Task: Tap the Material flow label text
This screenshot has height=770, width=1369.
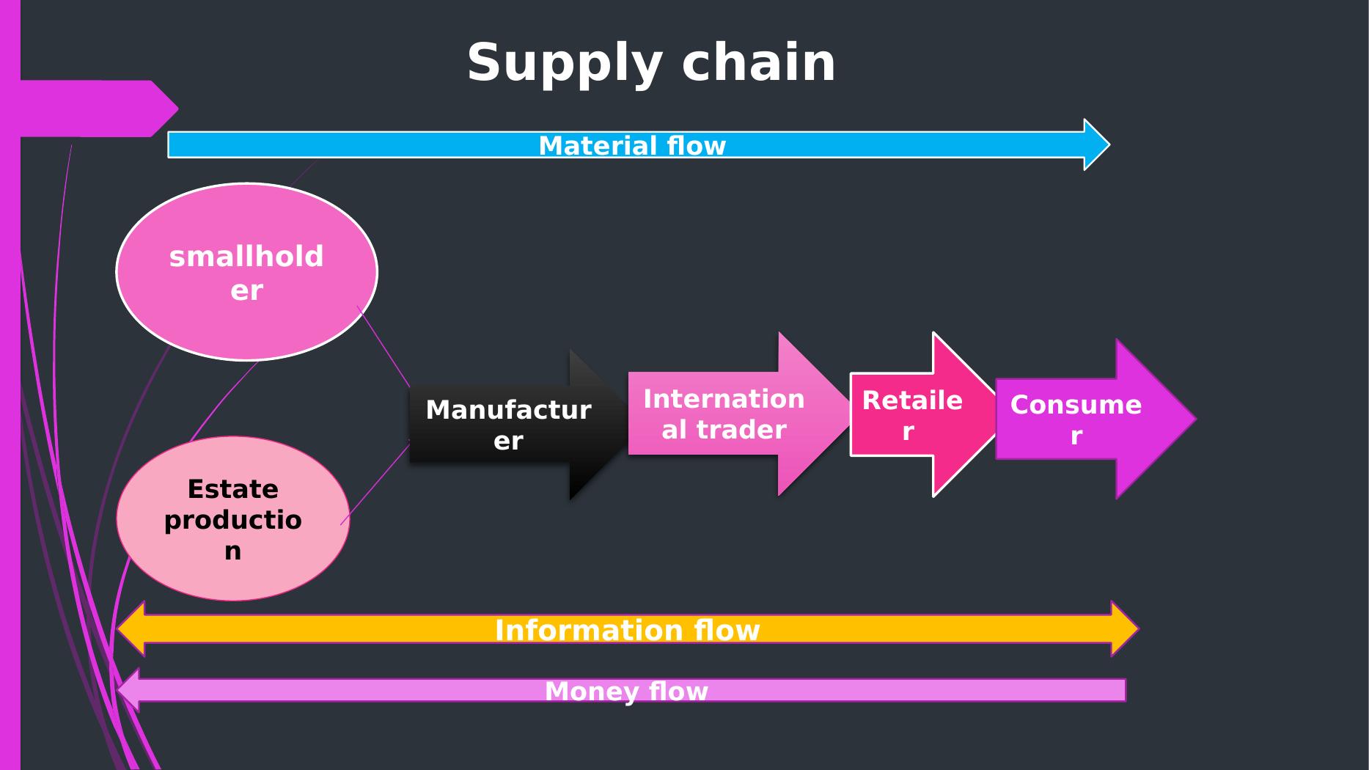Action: [x=632, y=146]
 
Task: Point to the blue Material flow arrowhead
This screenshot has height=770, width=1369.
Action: [x=1096, y=144]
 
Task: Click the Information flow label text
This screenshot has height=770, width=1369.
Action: [x=627, y=631]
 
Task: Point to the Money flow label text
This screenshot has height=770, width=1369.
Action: [x=626, y=692]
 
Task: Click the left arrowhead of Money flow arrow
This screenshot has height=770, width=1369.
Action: [x=129, y=690]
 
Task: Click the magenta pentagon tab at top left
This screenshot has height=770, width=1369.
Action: [x=95, y=109]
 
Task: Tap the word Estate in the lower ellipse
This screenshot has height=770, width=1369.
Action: [x=232, y=489]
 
